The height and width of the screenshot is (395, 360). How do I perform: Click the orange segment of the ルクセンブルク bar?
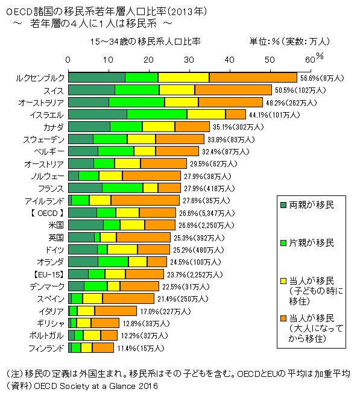253,77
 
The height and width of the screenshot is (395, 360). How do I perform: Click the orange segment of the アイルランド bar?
145,200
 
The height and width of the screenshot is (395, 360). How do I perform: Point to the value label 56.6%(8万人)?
323,78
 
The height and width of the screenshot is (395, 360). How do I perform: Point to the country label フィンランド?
45,348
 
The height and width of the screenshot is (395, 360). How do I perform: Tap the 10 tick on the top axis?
108,60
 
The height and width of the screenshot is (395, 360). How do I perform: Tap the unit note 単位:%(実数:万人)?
289,42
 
